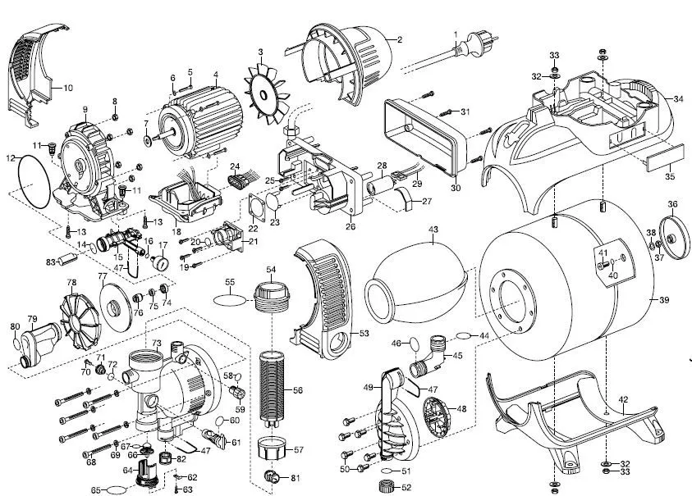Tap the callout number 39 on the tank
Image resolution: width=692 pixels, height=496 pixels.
[663, 300]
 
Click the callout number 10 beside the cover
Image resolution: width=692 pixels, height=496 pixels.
[67, 87]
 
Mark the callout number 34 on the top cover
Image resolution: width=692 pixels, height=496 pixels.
[677, 98]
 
